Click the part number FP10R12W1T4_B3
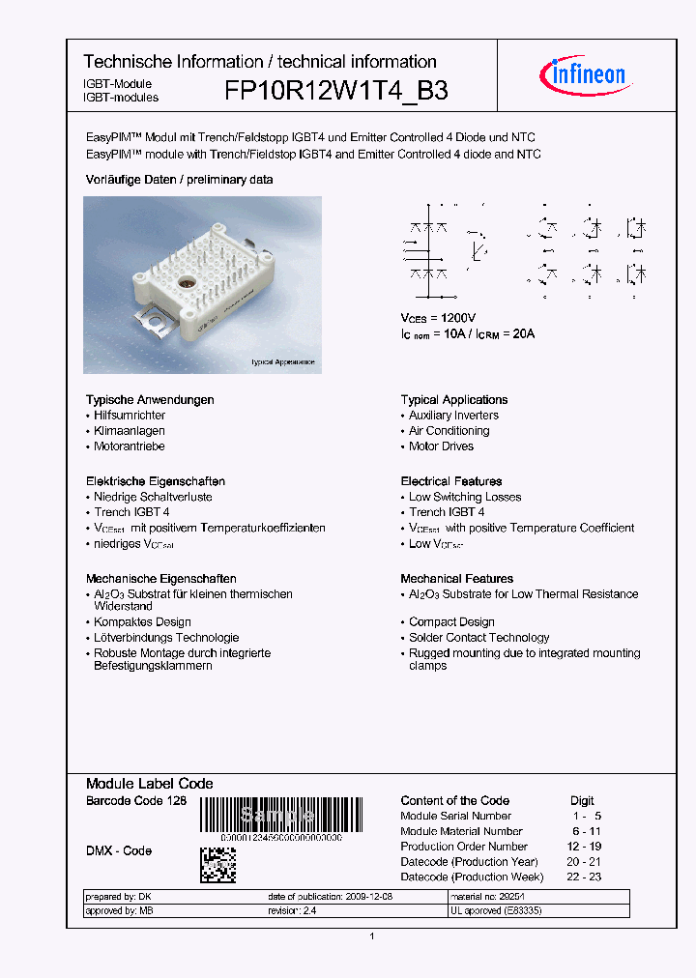[335, 91]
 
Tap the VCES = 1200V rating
[438, 318]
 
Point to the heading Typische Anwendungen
[150, 400]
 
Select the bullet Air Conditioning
[449, 431]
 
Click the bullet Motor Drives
[441, 446]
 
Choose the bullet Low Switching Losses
[464, 497]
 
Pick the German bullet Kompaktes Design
[142, 622]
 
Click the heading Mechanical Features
[457, 579]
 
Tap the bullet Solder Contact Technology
[478, 638]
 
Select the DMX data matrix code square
[217, 865]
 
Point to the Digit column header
[582, 800]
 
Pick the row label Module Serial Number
[455, 816]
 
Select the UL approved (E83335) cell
[496, 910]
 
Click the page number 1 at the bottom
[372, 936]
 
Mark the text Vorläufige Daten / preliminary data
[179, 180]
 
